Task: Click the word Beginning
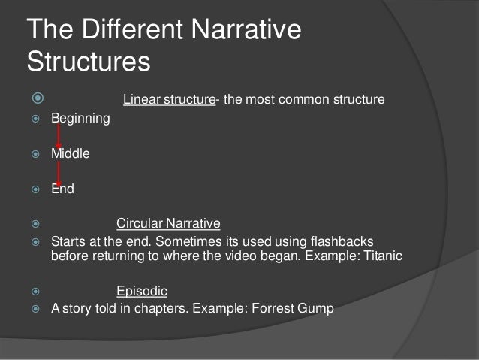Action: click(80, 119)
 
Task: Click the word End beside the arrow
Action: click(62, 190)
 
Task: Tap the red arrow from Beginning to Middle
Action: click(59, 136)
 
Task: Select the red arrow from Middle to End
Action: click(59, 171)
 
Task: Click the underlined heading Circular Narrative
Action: click(168, 224)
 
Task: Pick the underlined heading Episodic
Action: click(142, 290)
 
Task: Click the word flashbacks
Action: click(343, 241)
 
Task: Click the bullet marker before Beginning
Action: click(34, 119)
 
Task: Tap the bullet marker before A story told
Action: click(34, 308)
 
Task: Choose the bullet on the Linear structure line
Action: click(35, 99)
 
